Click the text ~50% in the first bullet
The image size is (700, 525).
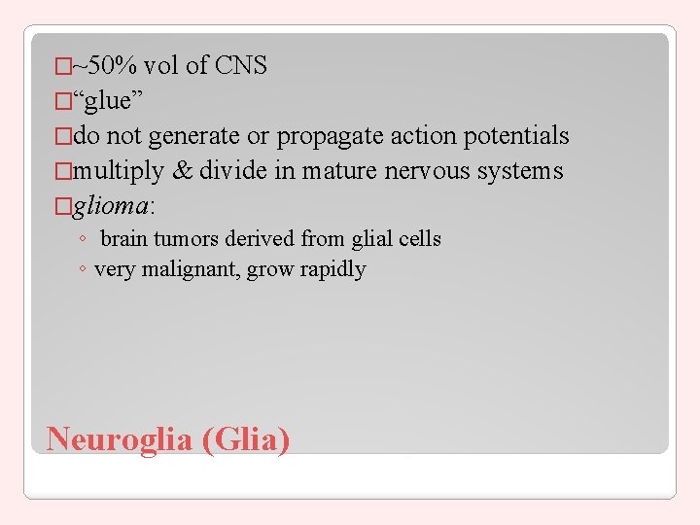(x=107, y=66)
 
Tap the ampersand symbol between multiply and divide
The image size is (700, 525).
(x=182, y=171)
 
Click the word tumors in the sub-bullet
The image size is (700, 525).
(x=192, y=239)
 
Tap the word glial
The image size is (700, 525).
(x=359, y=239)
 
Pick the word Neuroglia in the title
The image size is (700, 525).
(x=121, y=439)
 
